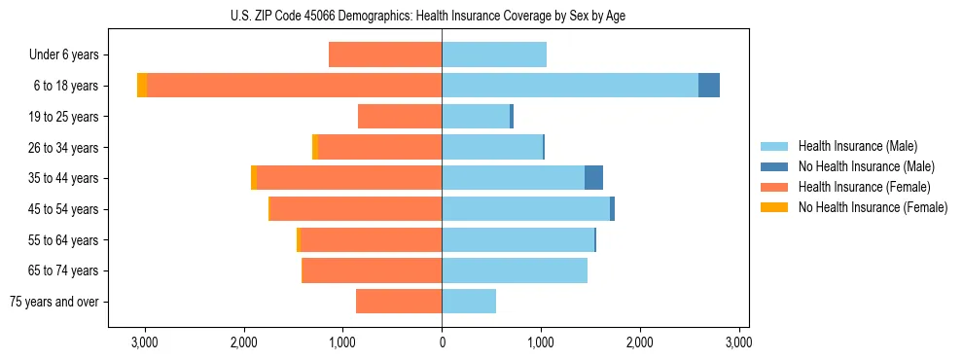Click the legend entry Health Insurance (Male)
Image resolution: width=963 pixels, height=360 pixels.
pos(857,146)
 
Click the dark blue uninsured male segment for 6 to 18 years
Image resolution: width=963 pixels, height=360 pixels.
pos(709,86)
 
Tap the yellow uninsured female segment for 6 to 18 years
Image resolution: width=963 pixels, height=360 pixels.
pos(142,86)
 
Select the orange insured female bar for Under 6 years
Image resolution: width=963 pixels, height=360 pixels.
pos(385,55)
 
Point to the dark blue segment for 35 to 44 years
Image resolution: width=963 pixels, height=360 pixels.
pos(593,178)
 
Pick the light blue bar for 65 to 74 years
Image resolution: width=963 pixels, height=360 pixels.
pos(515,270)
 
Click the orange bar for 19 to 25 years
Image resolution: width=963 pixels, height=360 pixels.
pos(400,117)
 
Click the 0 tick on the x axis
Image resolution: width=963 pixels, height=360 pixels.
pos(442,342)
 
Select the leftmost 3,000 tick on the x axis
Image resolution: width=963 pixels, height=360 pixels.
pos(145,342)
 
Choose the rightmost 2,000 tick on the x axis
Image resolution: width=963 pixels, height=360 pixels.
pos(639,342)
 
